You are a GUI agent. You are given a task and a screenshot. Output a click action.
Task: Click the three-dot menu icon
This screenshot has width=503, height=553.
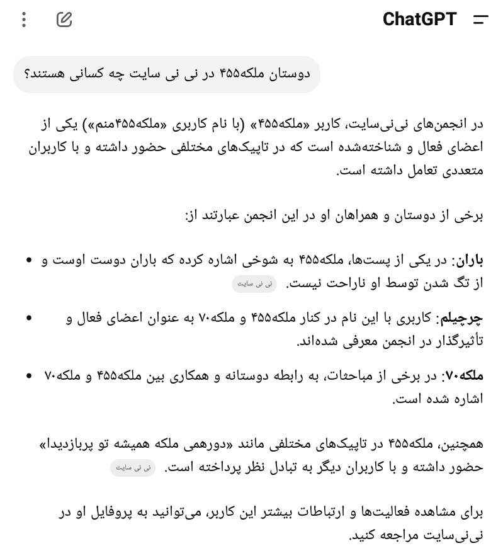(24, 20)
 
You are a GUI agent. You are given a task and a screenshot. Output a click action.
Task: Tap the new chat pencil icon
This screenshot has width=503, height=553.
(64, 20)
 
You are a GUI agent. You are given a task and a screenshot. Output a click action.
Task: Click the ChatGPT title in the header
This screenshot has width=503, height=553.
(419, 20)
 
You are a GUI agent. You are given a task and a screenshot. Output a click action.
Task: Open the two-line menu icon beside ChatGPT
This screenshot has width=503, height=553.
(480, 20)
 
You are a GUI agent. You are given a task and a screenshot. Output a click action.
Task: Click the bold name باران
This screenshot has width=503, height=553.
(469, 260)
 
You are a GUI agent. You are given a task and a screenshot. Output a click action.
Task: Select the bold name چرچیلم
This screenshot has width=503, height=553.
(463, 318)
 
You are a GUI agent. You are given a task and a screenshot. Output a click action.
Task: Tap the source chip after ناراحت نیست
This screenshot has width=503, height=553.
(254, 284)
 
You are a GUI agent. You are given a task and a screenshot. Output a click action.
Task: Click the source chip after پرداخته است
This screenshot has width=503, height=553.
(132, 468)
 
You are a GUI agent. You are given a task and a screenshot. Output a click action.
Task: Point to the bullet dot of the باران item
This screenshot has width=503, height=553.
(29, 260)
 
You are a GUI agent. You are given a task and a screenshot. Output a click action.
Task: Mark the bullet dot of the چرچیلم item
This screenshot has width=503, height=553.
(29, 318)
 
